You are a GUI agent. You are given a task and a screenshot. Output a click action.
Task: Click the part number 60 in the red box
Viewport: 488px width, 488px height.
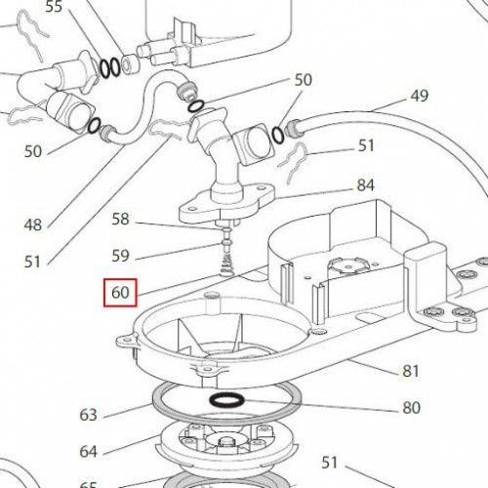click(x=120, y=293)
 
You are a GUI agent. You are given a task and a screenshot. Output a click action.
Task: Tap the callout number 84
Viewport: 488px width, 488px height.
click(x=366, y=185)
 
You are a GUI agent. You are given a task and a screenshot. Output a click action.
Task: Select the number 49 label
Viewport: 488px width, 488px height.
click(x=420, y=96)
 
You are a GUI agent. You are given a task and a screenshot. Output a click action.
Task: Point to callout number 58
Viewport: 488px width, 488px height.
click(x=120, y=219)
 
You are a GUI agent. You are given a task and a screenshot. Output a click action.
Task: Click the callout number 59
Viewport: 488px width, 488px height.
click(x=120, y=256)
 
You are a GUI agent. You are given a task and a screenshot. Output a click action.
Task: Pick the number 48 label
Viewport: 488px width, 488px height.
click(x=33, y=224)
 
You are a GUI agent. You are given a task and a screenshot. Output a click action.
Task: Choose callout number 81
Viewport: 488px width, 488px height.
click(x=410, y=371)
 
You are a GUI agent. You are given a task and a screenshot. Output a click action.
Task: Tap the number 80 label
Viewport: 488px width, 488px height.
click(x=411, y=408)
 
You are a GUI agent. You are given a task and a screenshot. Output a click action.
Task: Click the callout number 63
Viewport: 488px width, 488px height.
click(x=88, y=415)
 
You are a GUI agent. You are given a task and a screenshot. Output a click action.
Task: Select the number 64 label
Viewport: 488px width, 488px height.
click(x=88, y=452)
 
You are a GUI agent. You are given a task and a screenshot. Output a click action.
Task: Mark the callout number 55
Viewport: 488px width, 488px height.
click(x=54, y=7)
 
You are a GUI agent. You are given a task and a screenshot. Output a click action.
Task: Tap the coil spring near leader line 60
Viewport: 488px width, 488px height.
click(x=226, y=264)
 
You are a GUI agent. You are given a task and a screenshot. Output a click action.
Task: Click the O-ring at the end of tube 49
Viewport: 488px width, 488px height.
click(x=278, y=135)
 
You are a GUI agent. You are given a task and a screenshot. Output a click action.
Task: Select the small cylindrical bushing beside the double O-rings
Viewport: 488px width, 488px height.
click(x=130, y=63)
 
